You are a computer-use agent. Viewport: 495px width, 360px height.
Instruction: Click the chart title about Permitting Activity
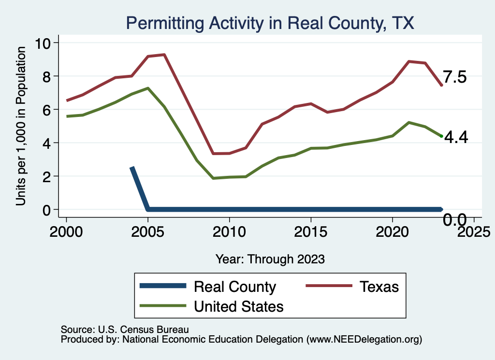[270, 23]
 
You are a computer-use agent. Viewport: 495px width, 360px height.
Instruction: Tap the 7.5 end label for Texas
[455, 77]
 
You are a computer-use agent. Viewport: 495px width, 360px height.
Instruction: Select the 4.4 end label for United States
[456, 138]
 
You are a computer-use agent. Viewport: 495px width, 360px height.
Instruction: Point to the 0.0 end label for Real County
[455, 221]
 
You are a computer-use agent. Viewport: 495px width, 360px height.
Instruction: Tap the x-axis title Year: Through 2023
[270, 259]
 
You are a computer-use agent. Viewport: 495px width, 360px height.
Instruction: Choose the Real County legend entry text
[234, 287]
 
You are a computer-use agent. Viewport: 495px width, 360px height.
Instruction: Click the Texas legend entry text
[379, 287]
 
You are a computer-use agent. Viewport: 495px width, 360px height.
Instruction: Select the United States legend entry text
[238, 306]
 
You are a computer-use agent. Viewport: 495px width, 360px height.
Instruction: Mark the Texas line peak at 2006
[164, 55]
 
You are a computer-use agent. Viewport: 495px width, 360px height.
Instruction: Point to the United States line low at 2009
[213, 178]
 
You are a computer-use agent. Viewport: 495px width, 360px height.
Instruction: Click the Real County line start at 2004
[132, 168]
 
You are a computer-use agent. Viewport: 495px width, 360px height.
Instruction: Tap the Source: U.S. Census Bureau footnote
[124, 329]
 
